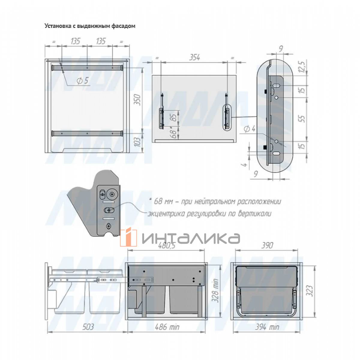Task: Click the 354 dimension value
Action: coord(194,57)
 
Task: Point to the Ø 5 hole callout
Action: coord(82,80)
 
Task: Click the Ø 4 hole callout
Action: coord(250,129)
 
